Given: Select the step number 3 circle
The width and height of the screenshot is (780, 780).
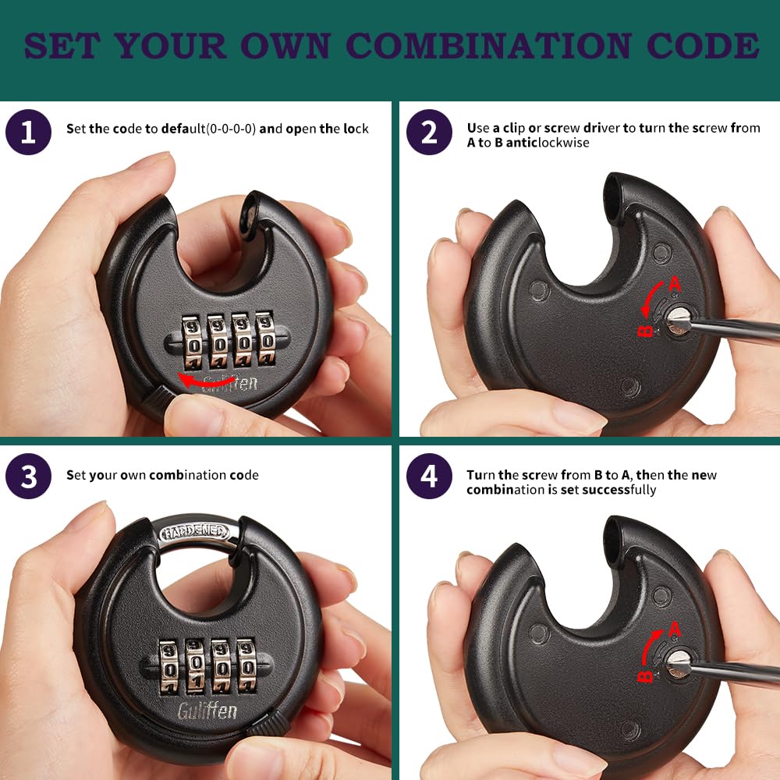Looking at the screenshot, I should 28,476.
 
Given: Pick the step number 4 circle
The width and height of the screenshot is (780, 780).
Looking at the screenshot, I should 429,476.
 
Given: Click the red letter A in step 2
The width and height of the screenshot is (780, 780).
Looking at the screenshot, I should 675,285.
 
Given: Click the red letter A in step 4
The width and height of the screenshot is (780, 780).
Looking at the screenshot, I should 675,629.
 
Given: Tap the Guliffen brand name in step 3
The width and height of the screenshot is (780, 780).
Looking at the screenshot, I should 207,711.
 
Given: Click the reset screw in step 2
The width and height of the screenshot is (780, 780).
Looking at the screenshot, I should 677,321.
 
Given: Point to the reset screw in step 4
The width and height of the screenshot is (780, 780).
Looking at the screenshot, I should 677,664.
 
